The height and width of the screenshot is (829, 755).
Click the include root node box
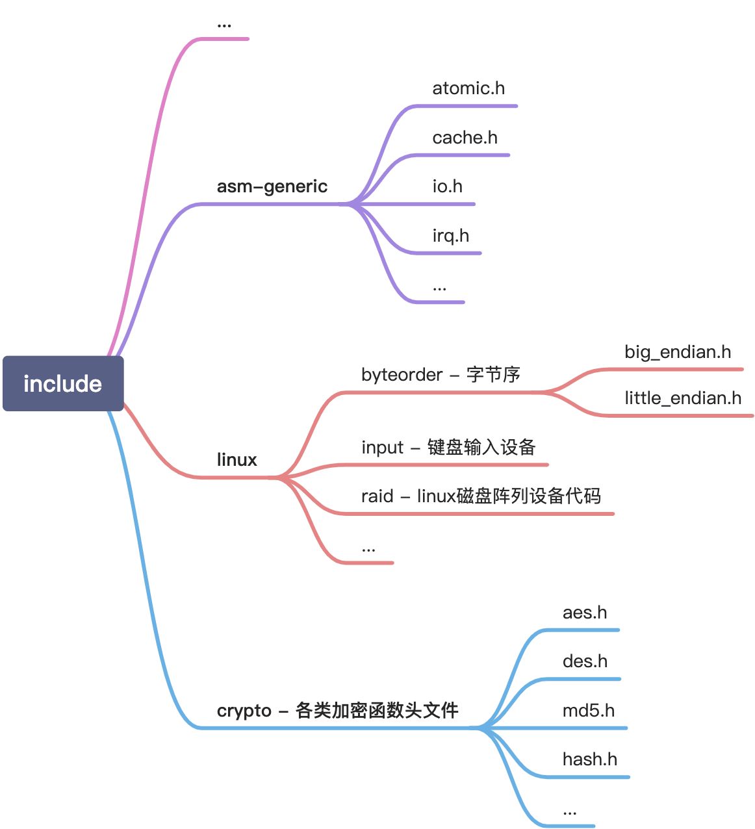tap(63, 383)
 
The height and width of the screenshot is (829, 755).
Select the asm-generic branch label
tap(272, 186)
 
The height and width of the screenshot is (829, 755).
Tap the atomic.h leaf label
tap(468, 88)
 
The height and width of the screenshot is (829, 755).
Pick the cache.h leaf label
tap(465, 138)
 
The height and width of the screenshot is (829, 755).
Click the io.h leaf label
tap(447, 186)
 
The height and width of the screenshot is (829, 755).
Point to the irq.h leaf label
tap(450, 235)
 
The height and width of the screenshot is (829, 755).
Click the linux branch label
tap(237, 460)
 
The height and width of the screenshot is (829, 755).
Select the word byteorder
tap(402, 375)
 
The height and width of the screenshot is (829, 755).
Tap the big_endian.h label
tap(677, 352)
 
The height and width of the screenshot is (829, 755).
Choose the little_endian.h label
tap(682, 398)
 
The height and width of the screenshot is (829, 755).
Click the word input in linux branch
tap(382, 448)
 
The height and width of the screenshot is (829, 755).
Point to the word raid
tap(377, 496)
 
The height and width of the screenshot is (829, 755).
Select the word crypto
tap(244, 711)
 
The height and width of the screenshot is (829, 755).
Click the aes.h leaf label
tap(584, 613)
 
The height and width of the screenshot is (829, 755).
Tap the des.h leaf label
tap(585, 661)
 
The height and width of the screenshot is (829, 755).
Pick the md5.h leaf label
tap(588, 711)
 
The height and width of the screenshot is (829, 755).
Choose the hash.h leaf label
tap(589, 759)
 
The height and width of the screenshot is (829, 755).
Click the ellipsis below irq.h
tap(439, 288)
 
